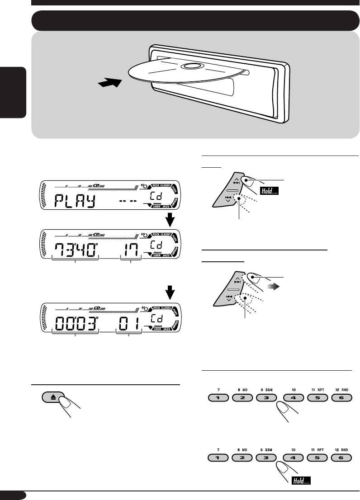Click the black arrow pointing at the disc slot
click(110, 84)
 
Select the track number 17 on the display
click(130, 248)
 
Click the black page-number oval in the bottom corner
click(14, 495)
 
